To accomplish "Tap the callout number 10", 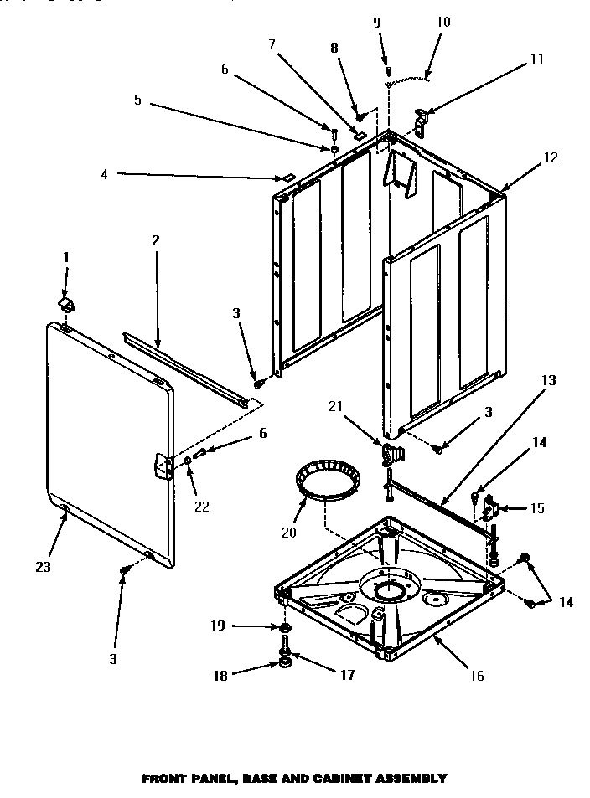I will point(443,22).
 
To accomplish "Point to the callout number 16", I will point(476,676).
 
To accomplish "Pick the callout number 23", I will point(43,567).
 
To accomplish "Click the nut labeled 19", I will point(284,627).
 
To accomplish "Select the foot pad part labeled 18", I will point(286,664).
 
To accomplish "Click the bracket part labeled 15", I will point(491,508).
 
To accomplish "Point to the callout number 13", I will point(548,380).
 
